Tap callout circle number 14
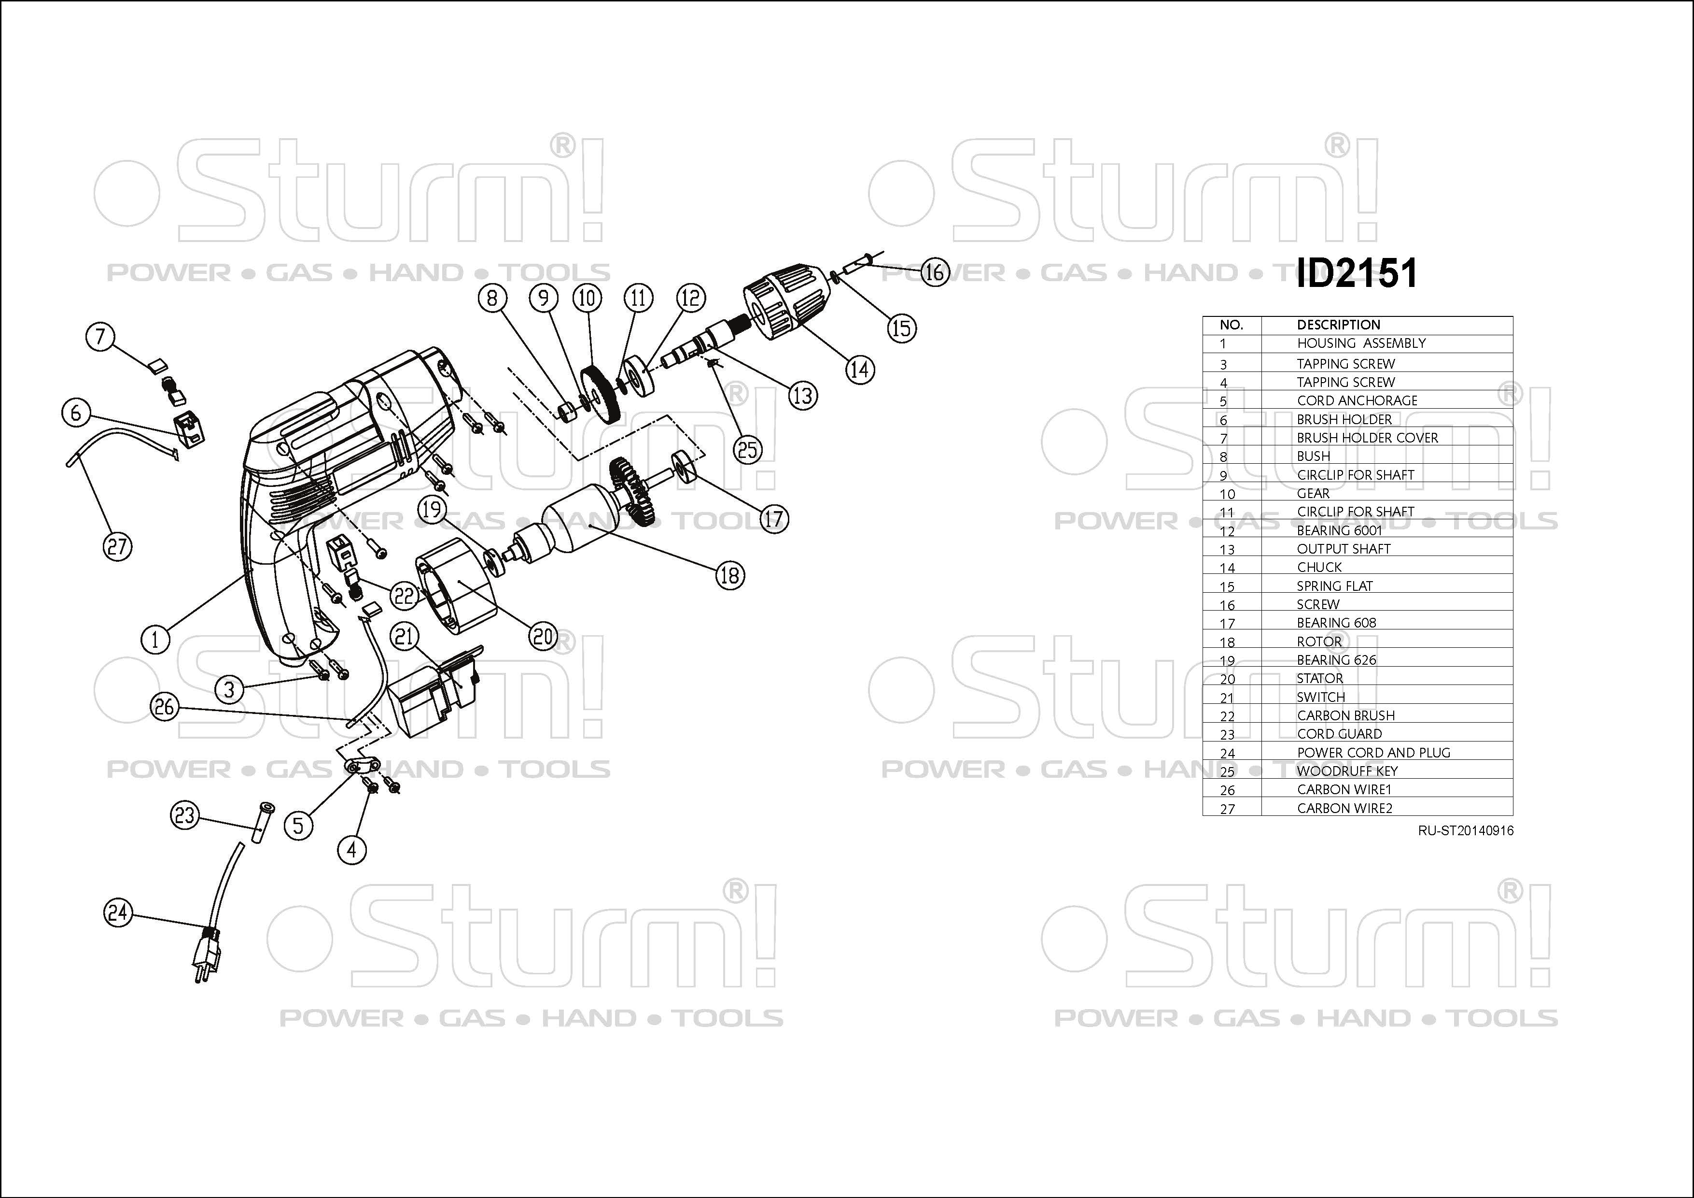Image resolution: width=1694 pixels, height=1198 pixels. point(859,369)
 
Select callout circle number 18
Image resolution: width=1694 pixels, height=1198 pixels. point(729,575)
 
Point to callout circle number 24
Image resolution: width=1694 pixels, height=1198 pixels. point(118,913)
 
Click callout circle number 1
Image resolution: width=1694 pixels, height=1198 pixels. point(155,639)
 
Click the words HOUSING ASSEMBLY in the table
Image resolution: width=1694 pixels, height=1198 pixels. point(1361,343)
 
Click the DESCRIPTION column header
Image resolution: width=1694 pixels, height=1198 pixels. point(1338,325)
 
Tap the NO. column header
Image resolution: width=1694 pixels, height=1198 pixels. point(1232,325)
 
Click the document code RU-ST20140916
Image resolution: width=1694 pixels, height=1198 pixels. point(1465,830)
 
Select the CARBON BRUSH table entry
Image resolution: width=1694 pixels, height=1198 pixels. point(1346,715)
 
